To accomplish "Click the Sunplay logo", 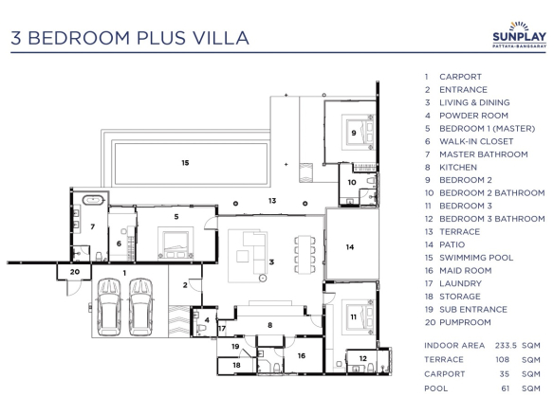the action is [x=519, y=35].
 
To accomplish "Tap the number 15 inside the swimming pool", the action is [x=185, y=163].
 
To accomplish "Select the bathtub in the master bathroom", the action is [x=94, y=200].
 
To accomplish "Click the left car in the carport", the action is [x=109, y=307].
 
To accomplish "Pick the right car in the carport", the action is [x=141, y=307].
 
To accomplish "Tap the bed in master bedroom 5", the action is [x=175, y=244].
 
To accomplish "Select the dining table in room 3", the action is [x=305, y=254].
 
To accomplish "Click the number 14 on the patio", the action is [x=350, y=247].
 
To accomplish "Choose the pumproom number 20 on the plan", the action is [x=75, y=272].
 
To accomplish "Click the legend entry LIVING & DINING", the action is [x=474, y=102].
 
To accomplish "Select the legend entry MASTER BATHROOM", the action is [x=484, y=154].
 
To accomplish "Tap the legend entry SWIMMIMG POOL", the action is [x=476, y=258].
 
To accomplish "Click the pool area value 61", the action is [x=506, y=388].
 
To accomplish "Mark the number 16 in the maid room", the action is [x=302, y=355].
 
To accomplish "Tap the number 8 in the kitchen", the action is [x=270, y=325].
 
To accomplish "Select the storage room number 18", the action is [x=237, y=365].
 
